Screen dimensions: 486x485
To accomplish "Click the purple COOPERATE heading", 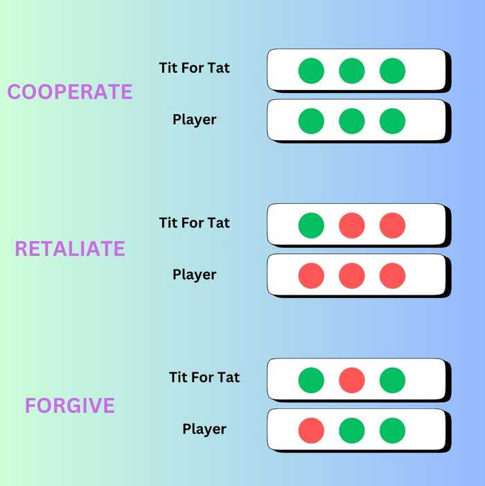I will (x=69, y=92).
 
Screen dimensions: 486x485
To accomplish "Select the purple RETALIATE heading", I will (x=70, y=249).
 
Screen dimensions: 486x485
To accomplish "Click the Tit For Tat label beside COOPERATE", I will (x=194, y=68).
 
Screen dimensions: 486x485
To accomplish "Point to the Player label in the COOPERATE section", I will (x=194, y=120).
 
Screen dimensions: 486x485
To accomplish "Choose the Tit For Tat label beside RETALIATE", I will (x=194, y=223).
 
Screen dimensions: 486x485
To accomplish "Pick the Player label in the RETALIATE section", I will (x=194, y=275).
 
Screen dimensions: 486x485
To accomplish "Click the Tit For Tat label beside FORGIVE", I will (x=204, y=378).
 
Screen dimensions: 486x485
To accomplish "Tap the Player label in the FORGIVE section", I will (x=204, y=429).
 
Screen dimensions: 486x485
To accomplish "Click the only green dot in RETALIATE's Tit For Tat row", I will (x=311, y=225).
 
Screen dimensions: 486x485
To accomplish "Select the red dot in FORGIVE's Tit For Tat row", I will (x=352, y=380).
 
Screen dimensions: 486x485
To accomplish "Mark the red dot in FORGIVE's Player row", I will (x=311, y=431).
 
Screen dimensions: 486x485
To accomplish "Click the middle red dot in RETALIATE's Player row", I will (x=352, y=276).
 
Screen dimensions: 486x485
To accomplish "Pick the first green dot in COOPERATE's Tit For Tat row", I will (x=311, y=71).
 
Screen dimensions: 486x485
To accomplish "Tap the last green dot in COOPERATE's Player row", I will (x=392, y=121).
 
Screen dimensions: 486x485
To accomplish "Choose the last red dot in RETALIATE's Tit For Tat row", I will (x=392, y=225).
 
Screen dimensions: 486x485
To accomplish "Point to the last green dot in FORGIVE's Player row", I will (x=392, y=431).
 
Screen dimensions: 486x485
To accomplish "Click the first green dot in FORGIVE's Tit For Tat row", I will (x=311, y=380).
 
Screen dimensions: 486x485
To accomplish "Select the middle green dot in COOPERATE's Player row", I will (x=352, y=121).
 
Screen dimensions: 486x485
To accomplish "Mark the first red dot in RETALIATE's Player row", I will (x=311, y=276).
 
